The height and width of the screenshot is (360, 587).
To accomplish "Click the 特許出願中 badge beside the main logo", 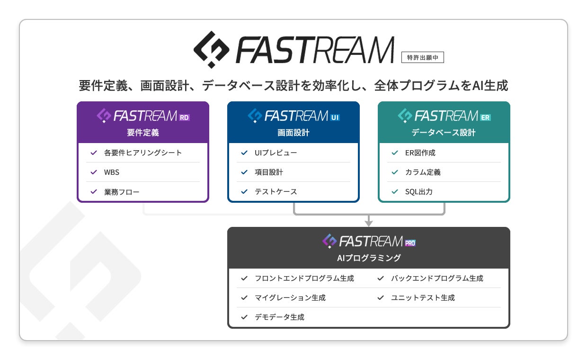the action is click(x=422, y=57).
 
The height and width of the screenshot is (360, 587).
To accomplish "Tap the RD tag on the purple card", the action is click(x=184, y=117).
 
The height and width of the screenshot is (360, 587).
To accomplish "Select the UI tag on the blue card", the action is click(x=335, y=117).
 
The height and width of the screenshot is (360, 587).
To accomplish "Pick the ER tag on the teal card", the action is click(x=485, y=117).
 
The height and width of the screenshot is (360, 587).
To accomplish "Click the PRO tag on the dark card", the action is click(x=410, y=243).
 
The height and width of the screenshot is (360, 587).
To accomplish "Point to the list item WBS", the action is click(x=112, y=172).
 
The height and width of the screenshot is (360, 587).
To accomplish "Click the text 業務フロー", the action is click(x=122, y=192).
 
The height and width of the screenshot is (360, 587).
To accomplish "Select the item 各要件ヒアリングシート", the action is click(x=142, y=153).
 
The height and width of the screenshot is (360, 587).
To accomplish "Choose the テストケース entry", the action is click(x=276, y=192).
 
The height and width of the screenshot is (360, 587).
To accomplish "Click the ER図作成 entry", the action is click(x=420, y=153).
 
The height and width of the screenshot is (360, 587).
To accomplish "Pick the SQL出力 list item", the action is click(x=418, y=192).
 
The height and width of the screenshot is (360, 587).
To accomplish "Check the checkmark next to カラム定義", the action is click(x=394, y=172).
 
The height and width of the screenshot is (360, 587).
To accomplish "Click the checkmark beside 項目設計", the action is click(x=244, y=172).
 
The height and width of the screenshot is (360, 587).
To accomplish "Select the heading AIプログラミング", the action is click(x=369, y=258).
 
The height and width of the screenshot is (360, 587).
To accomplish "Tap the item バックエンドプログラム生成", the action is click(x=437, y=279).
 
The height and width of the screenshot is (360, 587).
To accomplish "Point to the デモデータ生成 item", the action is click(x=279, y=317).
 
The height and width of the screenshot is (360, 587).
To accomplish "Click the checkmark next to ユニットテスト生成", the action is click(x=381, y=298).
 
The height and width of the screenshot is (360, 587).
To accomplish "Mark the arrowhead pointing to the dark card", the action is click(x=369, y=223).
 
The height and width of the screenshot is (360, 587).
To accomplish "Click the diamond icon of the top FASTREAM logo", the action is click(x=212, y=49).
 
